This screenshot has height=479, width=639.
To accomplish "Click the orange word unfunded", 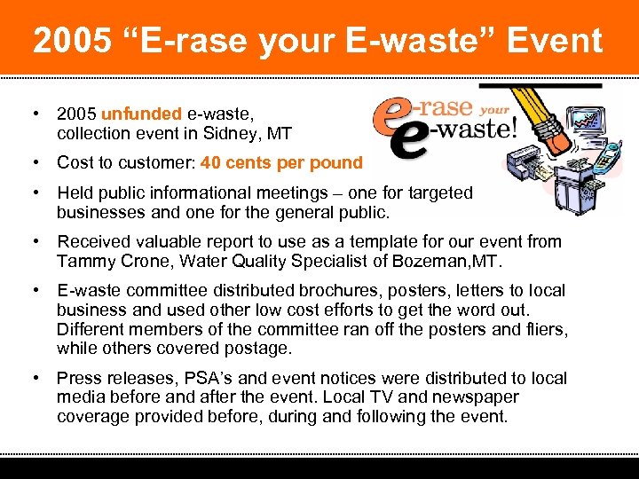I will tap(142, 114).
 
